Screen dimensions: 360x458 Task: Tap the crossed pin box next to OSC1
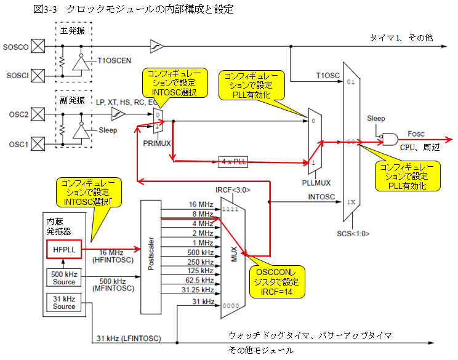pos(38,145)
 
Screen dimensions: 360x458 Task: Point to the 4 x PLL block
pos(233,161)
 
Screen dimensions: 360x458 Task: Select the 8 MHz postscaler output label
pos(204,213)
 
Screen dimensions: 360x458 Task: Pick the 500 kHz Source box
pos(63,278)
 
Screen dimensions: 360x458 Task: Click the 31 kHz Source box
pos(63,302)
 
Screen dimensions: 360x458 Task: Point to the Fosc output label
pos(416,133)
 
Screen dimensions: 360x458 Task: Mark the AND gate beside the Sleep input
pos(390,139)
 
